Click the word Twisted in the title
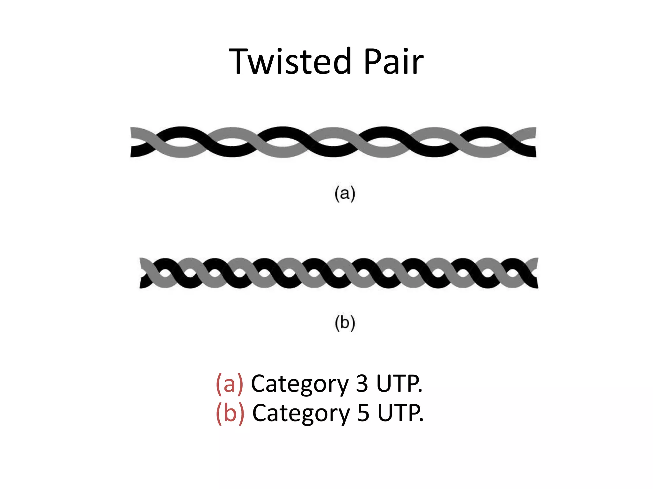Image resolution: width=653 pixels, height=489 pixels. (x=290, y=61)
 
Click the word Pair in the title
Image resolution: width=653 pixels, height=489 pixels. (x=393, y=61)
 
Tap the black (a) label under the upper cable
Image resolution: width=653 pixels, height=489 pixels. (x=345, y=194)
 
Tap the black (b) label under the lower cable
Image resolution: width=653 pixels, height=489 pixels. (x=345, y=323)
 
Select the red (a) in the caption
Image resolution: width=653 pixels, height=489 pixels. (x=230, y=384)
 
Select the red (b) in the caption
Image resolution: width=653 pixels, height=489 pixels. (x=230, y=413)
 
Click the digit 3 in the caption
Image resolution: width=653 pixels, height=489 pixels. (x=362, y=384)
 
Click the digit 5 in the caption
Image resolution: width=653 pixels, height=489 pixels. (x=363, y=413)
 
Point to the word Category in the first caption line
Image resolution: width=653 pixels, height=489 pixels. (x=300, y=385)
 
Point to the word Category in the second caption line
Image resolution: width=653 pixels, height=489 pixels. (x=301, y=414)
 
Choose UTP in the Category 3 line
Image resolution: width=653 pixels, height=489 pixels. (x=399, y=384)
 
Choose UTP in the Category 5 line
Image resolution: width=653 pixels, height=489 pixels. (x=400, y=413)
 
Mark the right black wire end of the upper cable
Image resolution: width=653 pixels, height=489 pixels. (x=532, y=151)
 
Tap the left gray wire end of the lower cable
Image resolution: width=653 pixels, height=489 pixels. (x=143, y=263)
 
